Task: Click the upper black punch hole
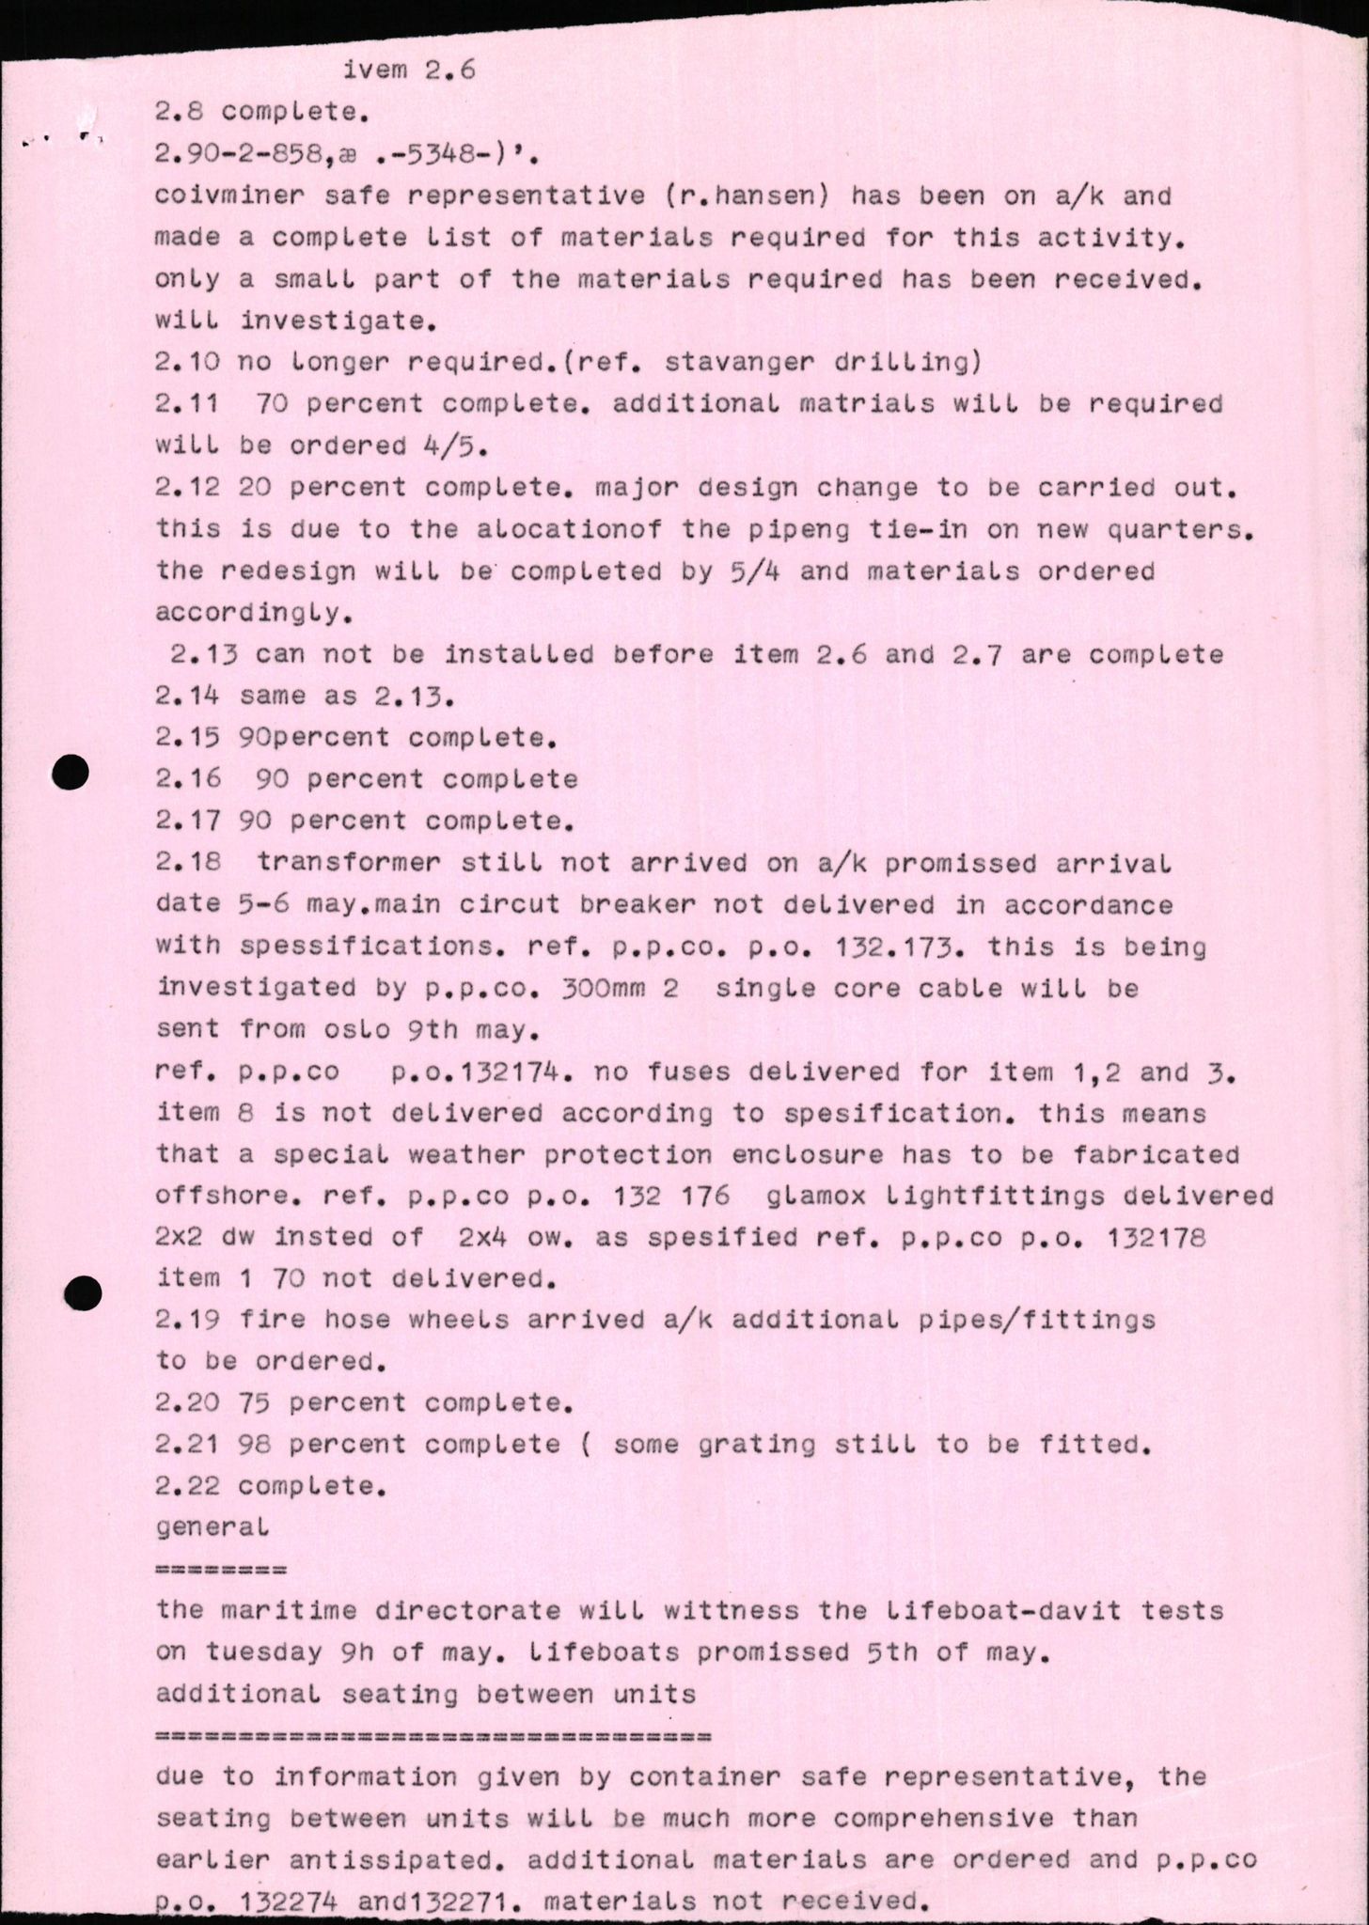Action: [x=71, y=773]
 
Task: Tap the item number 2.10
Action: [x=187, y=362]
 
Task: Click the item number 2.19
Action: [x=187, y=1320]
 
